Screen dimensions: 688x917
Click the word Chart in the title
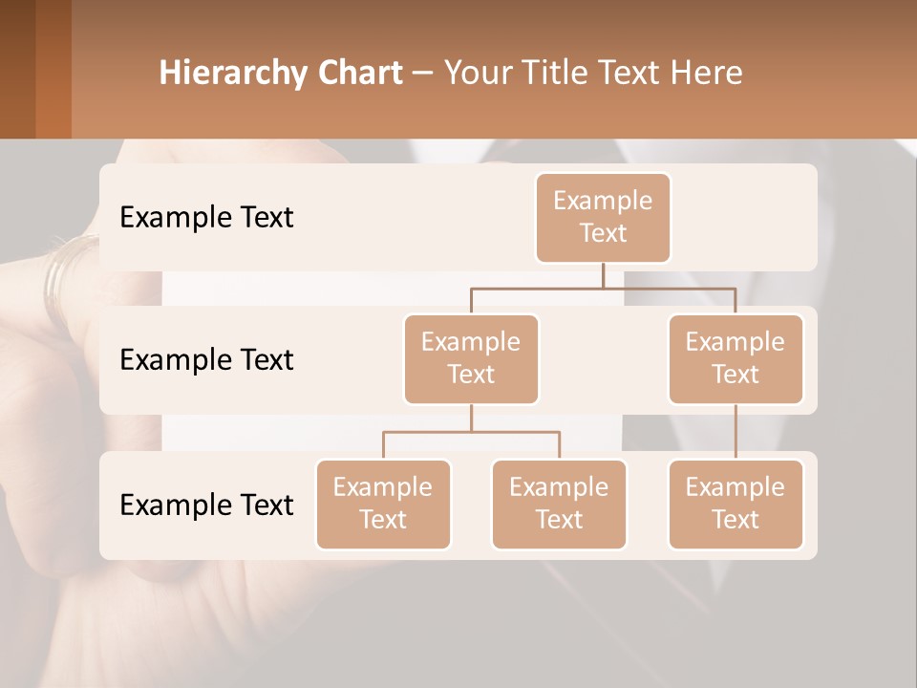pyautogui.click(x=361, y=73)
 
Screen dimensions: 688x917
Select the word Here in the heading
pyautogui.click(x=707, y=73)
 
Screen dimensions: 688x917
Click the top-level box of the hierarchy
pyautogui.click(x=603, y=217)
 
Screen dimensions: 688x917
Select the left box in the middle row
pyautogui.click(x=471, y=358)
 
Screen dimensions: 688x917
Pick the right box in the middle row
pyautogui.click(x=736, y=358)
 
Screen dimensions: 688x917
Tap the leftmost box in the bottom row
pyautogui.click(x=383, y=504)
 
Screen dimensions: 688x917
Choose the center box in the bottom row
pyautogui.click(x=559, y=504)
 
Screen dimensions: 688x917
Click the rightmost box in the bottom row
pyautogui.click(x=736, y=504)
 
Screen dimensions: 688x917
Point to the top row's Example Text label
pyautogui.click(x=206, y=217)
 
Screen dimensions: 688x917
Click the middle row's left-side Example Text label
pyautogui.click(x=206, y=359)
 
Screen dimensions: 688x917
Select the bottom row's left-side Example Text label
pyautogui.click(x=206, y=505)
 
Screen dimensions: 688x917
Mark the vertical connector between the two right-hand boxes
pyautogui.click(x=736, y=432)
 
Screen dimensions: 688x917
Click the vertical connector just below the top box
pyautogui.click(x=603, y=274)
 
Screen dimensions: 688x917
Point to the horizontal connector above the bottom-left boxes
pyautogui.click(x=471, y=432)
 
